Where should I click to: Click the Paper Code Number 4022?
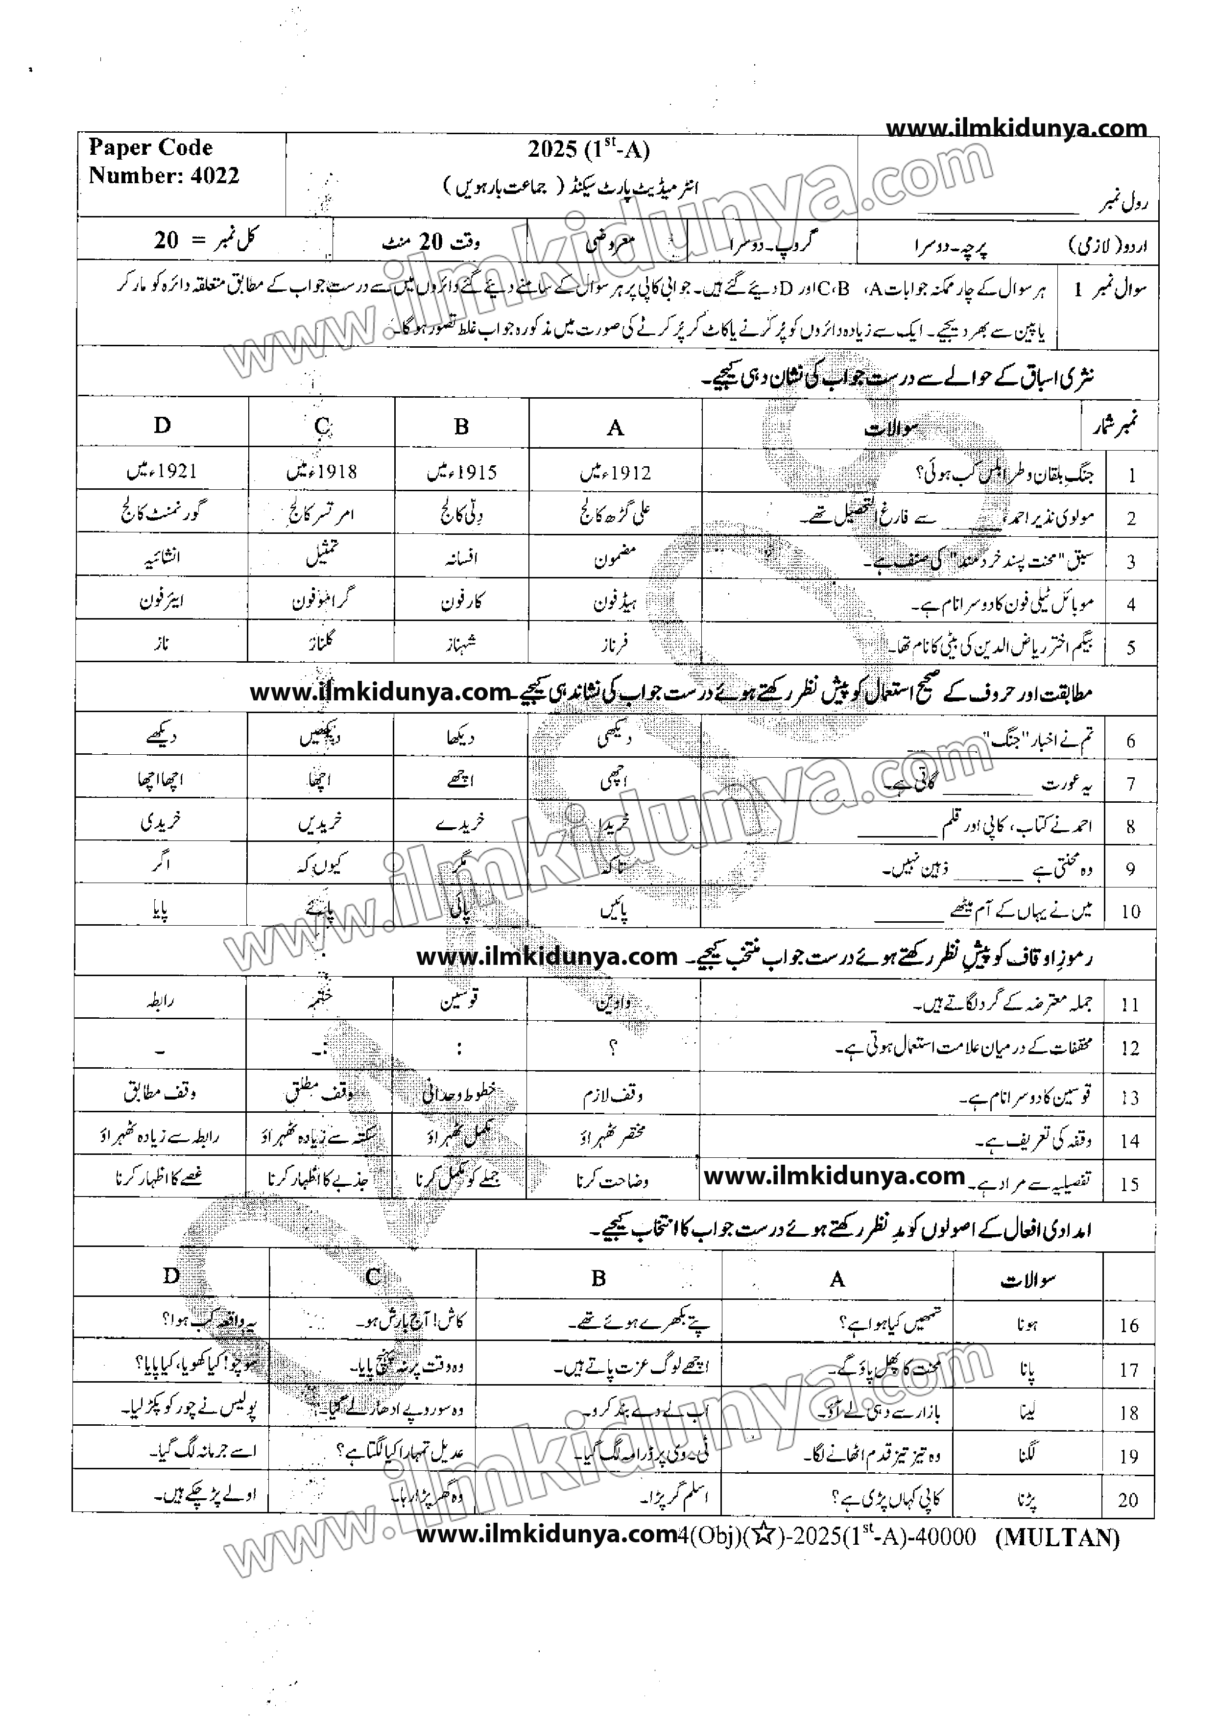click(x=164, y=162)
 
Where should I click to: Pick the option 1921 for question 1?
click(x=162, y=471)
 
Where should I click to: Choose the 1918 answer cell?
click(x=322, y=472)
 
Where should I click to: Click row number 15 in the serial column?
click(x=1129, y=1185)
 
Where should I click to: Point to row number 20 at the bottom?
click(x=1128, y=1500)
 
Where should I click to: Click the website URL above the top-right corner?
click(x=1016, y=128)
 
